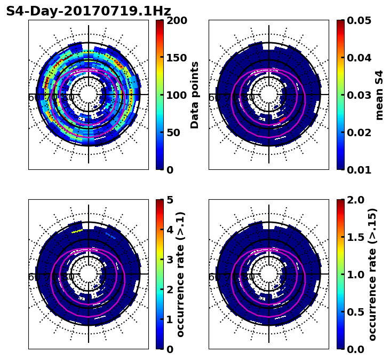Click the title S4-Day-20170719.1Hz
click(89, 11)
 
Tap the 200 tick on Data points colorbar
click(177, 20)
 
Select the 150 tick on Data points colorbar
click(177, 58)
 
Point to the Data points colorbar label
click(195, 95)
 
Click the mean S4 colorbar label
click(379, 95)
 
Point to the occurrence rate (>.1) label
click(180, 275)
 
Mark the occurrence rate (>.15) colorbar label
click(372, 275)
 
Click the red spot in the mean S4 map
click(283, 119)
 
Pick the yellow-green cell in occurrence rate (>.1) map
click(78, 231)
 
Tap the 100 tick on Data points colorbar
click(177, 95)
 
